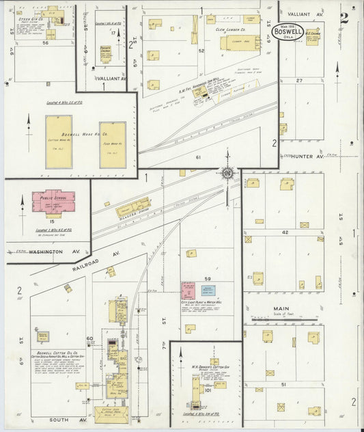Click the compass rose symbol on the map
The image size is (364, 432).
(x=226, y=171)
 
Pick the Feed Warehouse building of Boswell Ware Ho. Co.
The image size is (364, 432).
(x=112, y=144)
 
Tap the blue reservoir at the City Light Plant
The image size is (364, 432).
(x=210, y=290)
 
